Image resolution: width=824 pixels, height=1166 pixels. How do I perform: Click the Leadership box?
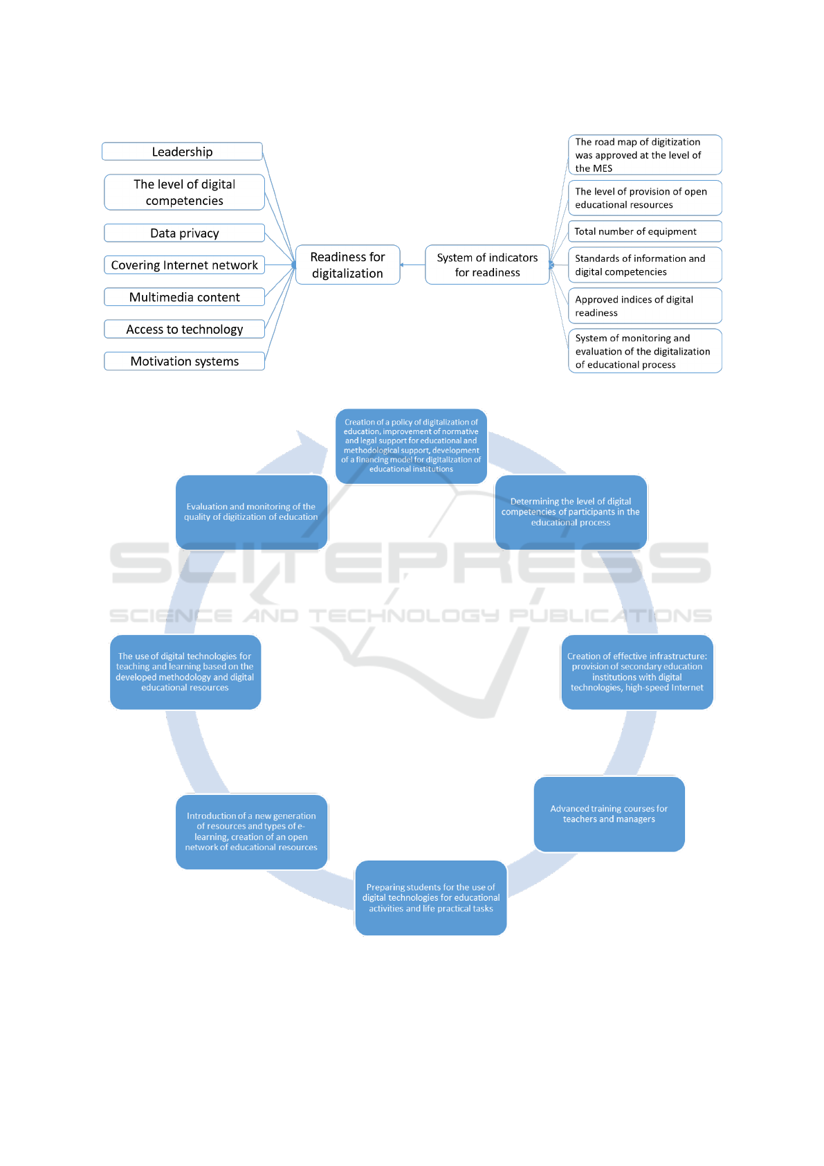click(x=182, y=151)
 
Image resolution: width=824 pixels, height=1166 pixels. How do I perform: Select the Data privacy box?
click(x=184, y=233)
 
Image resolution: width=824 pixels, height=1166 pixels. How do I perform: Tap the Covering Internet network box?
click(x=184, y=265)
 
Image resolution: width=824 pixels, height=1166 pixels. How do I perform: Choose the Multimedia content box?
click(x=184, y=297)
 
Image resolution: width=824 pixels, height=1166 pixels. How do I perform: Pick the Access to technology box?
click(x=184, y=329)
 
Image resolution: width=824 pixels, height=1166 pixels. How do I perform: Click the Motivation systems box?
click(x=184, y=361)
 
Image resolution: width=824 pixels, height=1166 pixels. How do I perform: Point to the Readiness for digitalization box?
click(x=347, y=264)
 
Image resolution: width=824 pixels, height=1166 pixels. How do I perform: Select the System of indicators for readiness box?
click(x=487, y=264)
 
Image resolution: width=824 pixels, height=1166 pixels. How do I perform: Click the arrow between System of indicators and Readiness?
click(x=413, y=264)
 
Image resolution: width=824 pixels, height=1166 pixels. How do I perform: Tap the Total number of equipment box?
click(x=644, y=231)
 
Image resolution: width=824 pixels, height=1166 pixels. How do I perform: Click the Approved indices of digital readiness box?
click(x=644, y=305)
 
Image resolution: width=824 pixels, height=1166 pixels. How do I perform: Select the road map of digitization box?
click(x=644, y=154)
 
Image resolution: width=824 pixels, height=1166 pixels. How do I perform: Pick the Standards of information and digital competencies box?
click(x=644, y=264)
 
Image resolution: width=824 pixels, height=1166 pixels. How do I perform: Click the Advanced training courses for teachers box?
click(x=609, y=814)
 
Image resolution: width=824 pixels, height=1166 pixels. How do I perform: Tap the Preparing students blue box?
click(x=430, y=897)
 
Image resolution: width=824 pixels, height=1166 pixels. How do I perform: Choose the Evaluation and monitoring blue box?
click(x=251, y=512)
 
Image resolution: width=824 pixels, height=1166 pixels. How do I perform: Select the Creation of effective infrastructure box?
click(x=637, y=672)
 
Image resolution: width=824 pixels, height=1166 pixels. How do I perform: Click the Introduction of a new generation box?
click(x=251, y=831)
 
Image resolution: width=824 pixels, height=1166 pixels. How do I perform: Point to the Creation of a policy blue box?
click(x=411, y=445)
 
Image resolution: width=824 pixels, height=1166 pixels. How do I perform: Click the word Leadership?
click(x=182, y=152)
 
